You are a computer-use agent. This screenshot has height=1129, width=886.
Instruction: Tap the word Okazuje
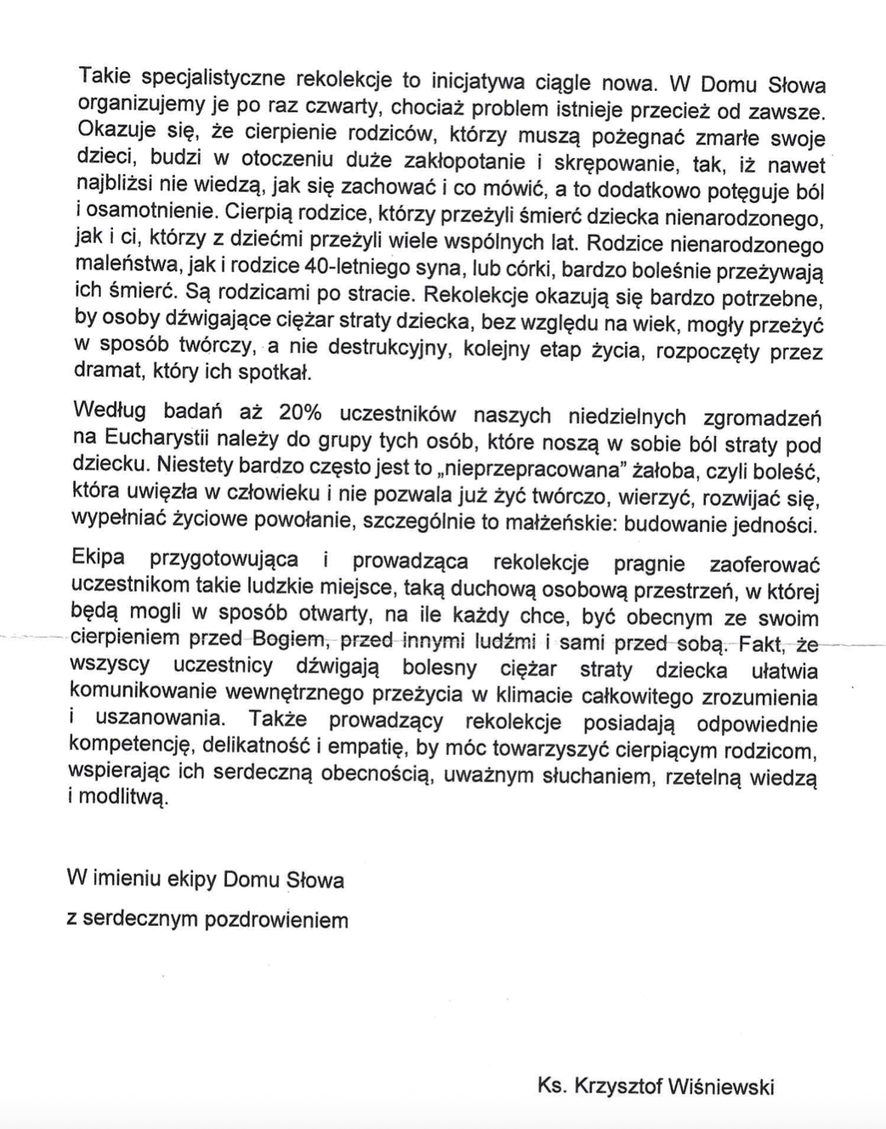(115, 132)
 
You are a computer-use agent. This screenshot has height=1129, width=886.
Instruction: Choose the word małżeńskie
(566, 522)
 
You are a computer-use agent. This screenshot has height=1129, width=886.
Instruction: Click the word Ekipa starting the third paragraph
(99, 558)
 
